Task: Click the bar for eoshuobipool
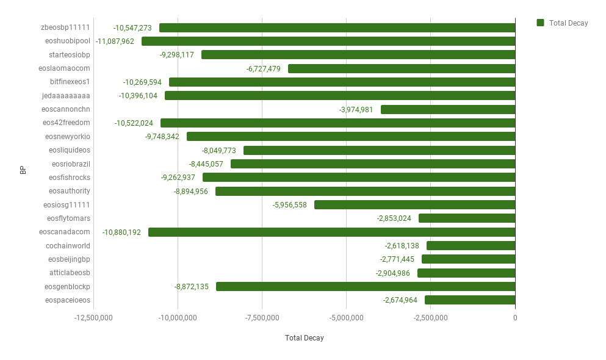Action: tap(328, 41)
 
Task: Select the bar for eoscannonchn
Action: tap(448, 109)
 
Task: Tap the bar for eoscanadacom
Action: tap(332, 232)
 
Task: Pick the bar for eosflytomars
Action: tap(467, 218)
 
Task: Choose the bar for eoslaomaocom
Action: tap(402, 68)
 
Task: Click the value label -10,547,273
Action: tap(132, 28)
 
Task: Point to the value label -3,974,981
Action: tap(356, 110)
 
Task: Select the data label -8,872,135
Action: tap(191, 287)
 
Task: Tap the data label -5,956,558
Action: tap(289, 205)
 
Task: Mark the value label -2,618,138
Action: tap(402, 246)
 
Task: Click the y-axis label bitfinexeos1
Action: tap(70, 82)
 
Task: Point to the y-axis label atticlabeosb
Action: tap(70, 273)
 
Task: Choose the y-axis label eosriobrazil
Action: tap(71, 164)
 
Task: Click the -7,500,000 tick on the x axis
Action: tap(262, 318)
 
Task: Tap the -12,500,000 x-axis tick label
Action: tap(93, 318)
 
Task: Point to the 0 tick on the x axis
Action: tap(515, 318)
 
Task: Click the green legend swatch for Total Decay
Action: tap(540, 23)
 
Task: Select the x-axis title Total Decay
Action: tap(304, 338)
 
